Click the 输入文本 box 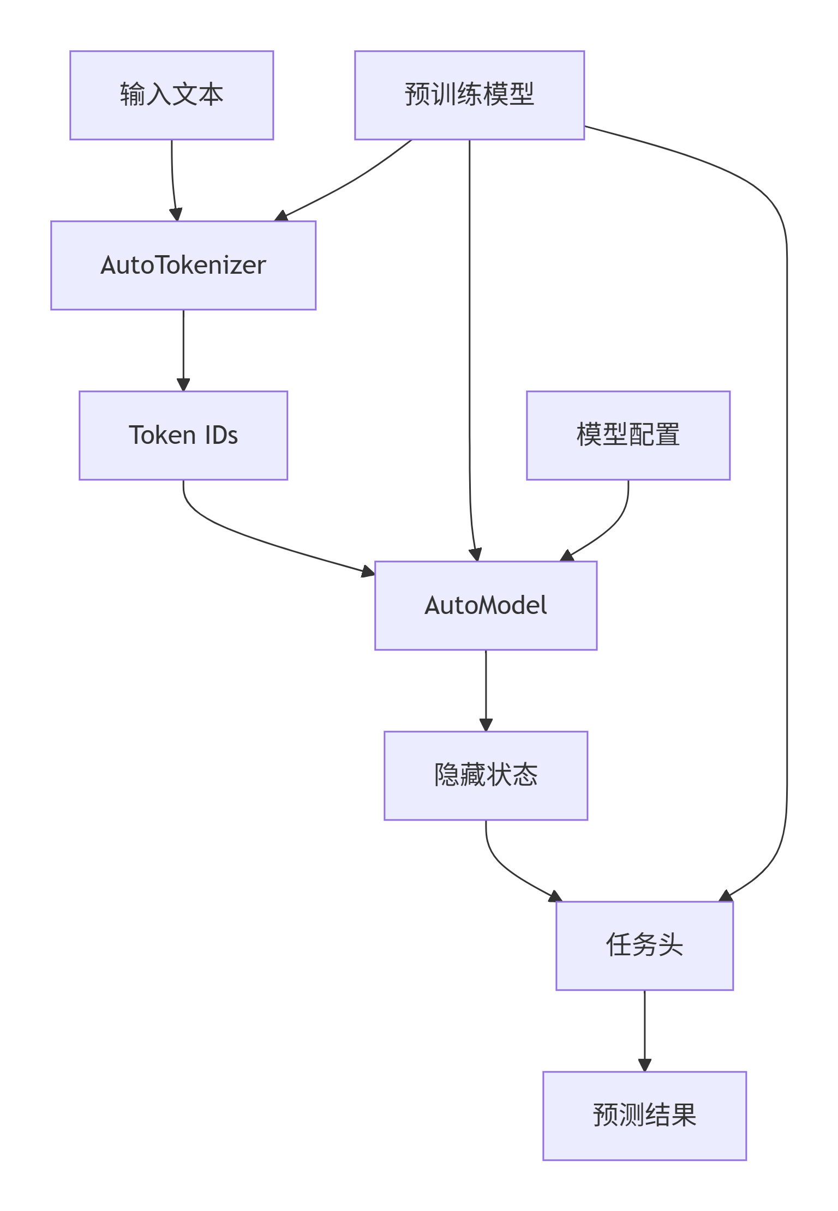click(x=171, y=95)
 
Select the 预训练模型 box click(x=469, y=95)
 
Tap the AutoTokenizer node click(x=183, y=266)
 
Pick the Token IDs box click(x=183, y=436)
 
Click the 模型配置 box click(x=628, y=436)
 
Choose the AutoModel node click(x=486, y=606)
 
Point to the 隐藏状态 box click(x=486, y=775)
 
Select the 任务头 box click(x=644, y=945)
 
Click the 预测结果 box click(x=644, y=1116)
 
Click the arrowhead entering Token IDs click(x=183, y=385)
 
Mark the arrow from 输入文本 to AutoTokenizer click(x=172, y=180)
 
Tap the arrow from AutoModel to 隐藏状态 click(x=486, y=690)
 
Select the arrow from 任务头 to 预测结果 click(x=644, y=1031)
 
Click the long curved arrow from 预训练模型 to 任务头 click(x=787, y=491)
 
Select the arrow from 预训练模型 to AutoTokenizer click(x=349, y=183)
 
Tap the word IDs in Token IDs click(x=221, y=436)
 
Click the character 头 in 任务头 click(x=670, y=945)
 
